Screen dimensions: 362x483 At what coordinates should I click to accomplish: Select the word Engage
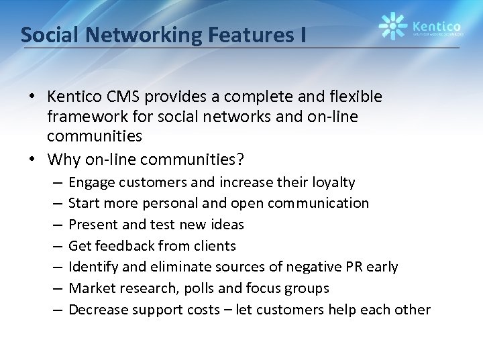[90, 182]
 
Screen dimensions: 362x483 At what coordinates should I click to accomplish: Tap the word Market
[89, 288]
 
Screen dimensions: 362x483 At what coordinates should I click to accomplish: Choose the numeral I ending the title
[304, 35]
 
